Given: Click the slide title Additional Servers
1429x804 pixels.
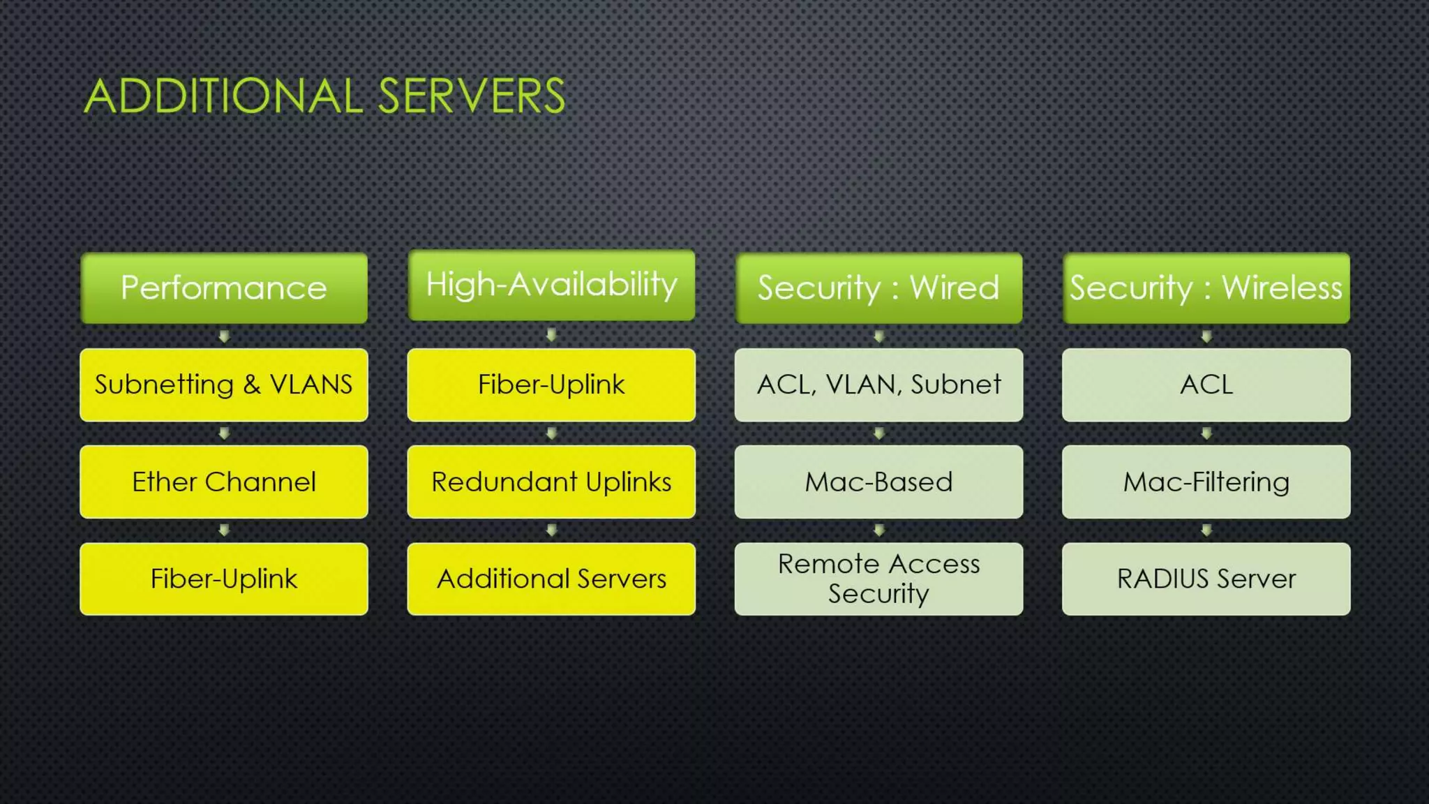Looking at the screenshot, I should click(x=324, y=96).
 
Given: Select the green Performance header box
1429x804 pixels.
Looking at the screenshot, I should click(x=224, y=288).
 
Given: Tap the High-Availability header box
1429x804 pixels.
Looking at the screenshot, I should click(x=551, y=285).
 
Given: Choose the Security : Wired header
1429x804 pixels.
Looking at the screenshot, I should click(x=878, y=288).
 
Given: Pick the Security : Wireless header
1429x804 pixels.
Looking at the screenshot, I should click(x=1206, y=288).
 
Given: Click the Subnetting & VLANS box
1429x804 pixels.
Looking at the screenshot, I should click(x=224, y=385).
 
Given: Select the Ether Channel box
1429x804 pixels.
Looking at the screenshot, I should click(x=224, y=482).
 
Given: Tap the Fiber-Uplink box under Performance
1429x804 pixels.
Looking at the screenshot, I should click(x=224, y=579).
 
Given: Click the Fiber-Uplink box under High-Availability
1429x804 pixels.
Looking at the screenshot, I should click(x=551, y=385).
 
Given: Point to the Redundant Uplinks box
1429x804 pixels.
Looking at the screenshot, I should click(x=551, y=482).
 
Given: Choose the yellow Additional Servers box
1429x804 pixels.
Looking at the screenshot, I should click(x=551, y=579).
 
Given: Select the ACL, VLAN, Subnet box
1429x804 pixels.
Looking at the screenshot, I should click(x=878, y=385).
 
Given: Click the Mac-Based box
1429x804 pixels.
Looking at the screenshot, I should click(x=878, y=482).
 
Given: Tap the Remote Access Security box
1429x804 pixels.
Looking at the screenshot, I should click(x=878, y=579).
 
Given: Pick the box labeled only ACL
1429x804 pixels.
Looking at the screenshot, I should click(x=1206, y=385).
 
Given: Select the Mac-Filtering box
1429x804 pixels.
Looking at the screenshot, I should click(x=1206, y=482).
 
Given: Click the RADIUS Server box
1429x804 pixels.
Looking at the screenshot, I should click(x=1206, y=579).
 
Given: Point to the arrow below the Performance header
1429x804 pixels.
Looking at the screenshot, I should click(x=224, y=336).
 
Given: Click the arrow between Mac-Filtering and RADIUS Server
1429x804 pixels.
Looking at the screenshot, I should click(x=1206, y=530).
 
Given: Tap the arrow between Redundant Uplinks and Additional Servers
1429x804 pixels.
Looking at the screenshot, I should click(x=551, y=530).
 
